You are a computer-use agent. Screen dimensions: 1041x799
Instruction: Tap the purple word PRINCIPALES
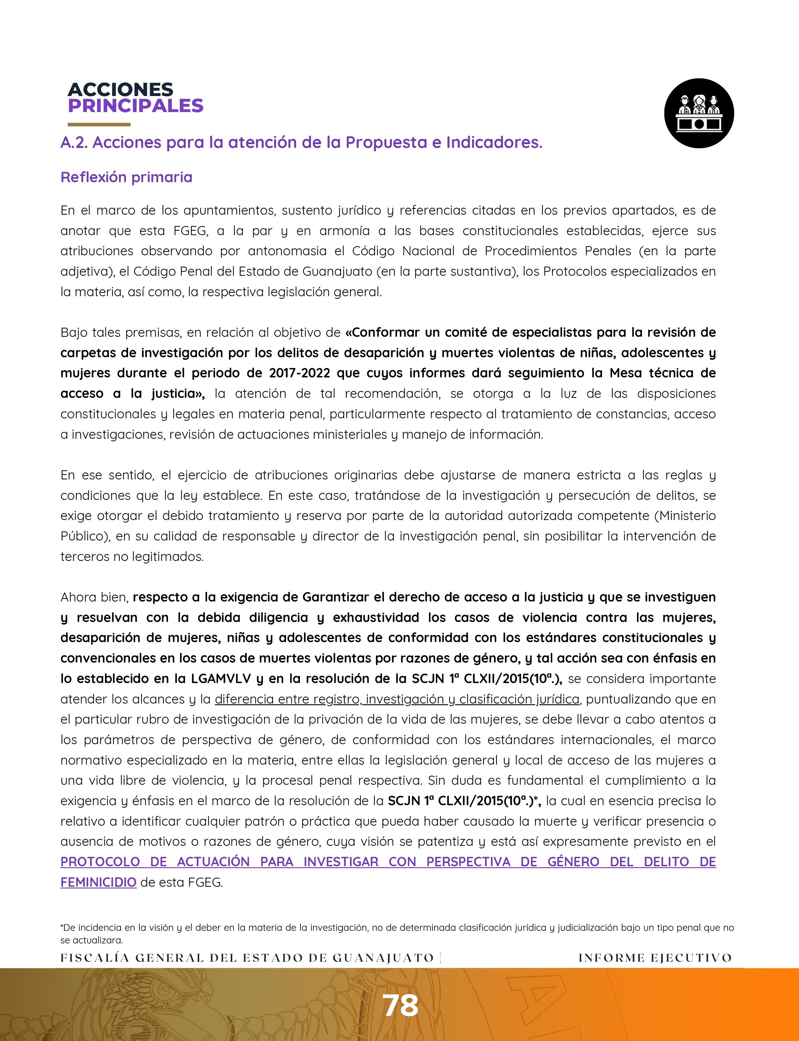[136, 106]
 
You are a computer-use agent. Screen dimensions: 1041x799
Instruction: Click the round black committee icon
[699, 113]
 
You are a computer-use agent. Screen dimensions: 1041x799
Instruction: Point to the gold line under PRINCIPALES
[99, 125]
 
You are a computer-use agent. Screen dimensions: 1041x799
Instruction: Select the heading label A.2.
[74, 142]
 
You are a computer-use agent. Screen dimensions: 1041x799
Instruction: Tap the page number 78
[401, 1006]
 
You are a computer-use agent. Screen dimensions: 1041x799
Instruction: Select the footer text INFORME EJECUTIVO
[655, 958]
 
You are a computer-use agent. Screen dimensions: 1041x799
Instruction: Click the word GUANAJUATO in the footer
[383, 958]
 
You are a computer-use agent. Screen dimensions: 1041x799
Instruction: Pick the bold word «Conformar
[383, 332]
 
